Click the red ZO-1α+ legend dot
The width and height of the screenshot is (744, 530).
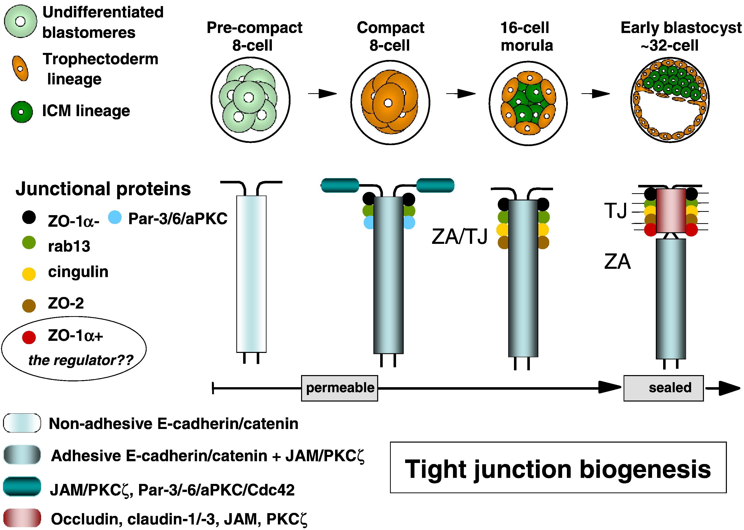pos(29,337)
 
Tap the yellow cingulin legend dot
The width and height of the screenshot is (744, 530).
pos(29,274)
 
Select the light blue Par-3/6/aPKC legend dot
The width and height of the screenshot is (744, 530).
pos(115,217)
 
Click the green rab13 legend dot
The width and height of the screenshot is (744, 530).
pos(29,243)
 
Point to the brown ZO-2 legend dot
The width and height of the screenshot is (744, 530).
pos(29,306)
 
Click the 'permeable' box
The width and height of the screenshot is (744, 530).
pos(339,388)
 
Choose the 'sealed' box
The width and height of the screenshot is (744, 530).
pos(663,388)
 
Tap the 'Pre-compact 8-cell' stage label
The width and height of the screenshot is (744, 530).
pos(254,36)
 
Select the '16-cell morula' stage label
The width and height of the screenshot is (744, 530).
pos(526,36)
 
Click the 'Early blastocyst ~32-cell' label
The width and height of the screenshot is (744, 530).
pos(680,36)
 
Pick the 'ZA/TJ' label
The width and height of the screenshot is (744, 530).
pos(460,236)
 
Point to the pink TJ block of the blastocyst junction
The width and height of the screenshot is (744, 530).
pos(671,211)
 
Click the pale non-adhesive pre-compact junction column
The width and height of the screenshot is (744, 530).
pos(251,274)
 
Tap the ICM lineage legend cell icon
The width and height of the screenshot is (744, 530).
pos(21,112)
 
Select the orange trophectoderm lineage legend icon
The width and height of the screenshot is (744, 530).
pos(20,69)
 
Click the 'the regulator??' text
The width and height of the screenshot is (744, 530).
pos(81,360)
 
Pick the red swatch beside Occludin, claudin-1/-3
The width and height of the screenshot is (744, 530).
pos(22,518)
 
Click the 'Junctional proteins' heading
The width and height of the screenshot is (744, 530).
pos(103,189)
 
